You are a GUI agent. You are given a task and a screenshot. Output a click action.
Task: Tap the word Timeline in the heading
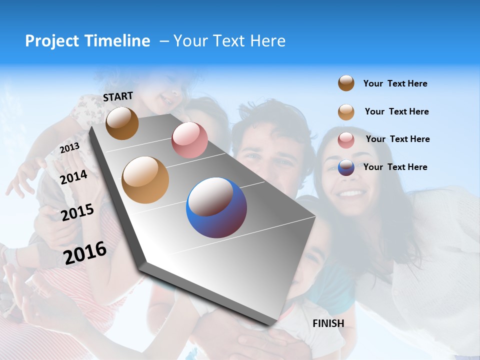click(x=117, y=41)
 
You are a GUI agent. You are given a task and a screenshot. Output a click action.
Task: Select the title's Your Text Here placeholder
click(x=229, y=41)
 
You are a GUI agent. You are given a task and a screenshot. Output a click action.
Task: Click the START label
click(x=118, y=96)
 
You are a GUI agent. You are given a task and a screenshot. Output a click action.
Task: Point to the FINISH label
click(x=328, y=323)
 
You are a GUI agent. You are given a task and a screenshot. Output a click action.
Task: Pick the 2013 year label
click(x=69, y=148)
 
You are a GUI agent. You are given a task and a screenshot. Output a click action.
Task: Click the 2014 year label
click(x=73, y=177)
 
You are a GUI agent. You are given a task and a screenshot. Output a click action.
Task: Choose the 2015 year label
click(x=77, y=212)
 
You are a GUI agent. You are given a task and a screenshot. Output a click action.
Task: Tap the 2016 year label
click(x=85, y=252)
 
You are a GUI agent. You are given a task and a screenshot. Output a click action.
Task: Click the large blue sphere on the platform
click(x=216, y=207)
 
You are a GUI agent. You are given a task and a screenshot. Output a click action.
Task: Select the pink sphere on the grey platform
click(x=189, y=140)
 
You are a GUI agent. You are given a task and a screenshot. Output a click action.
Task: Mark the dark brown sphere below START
click(x=122, y=123)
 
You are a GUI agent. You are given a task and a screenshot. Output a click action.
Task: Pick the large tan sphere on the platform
click(x=145, y=180)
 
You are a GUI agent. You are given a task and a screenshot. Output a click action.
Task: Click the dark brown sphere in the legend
click(x=346, y=83)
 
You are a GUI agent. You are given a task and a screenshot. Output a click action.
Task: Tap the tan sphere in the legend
click(x=346, y=112)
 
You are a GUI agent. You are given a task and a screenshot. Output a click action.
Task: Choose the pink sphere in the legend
click(x=346, y=140)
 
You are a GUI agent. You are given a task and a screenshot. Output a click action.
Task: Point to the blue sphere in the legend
click(x=346, y=167)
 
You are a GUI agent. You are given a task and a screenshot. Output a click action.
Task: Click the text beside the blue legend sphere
click(x=395, y=167)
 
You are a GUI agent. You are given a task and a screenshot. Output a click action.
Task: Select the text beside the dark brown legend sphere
click(x=395, y=83)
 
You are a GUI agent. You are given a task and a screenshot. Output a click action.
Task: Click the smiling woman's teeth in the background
click(x=351, y=192)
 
